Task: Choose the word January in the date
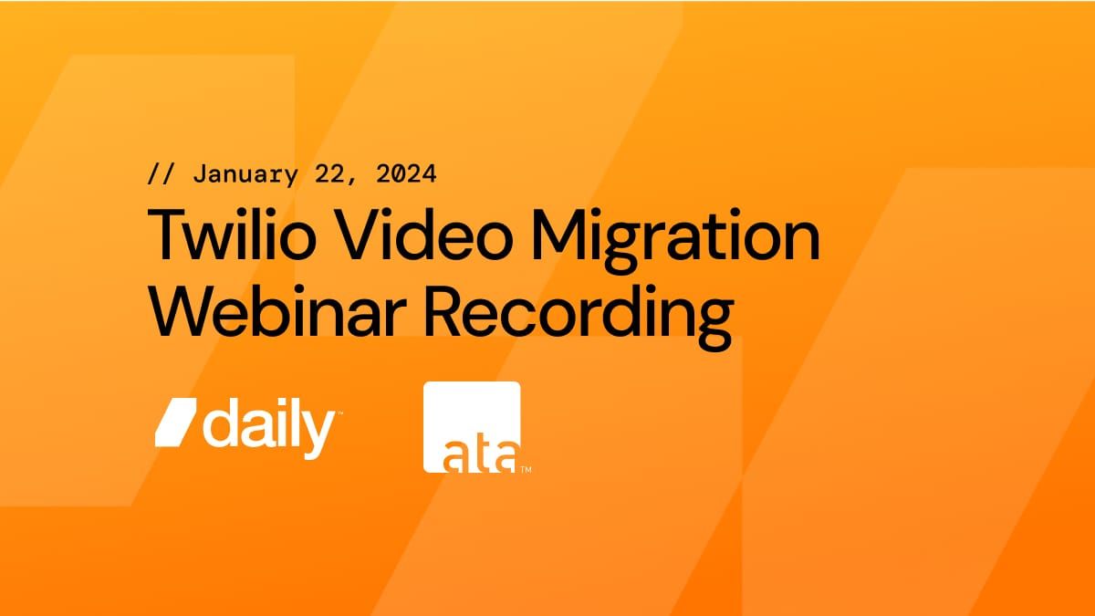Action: [x=244, y=173]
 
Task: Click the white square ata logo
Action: [x=472, y=426]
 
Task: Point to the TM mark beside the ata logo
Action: [x=527, y=471]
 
